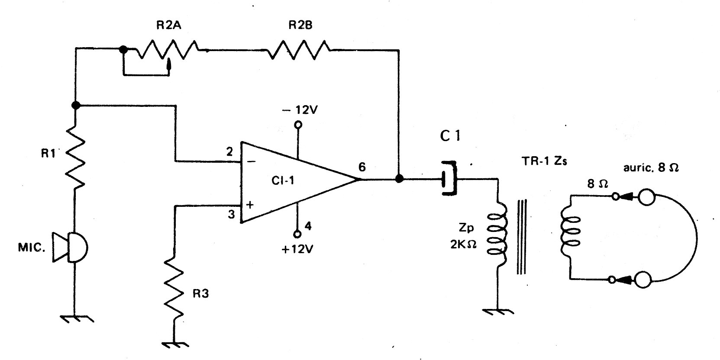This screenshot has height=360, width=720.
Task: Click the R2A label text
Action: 168,25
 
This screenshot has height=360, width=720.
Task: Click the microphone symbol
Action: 70,247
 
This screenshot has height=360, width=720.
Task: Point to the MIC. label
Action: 32,247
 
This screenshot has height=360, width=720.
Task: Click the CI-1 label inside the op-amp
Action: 283,180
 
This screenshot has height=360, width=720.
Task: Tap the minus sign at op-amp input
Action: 252,161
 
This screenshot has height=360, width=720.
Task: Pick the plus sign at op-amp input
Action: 250,204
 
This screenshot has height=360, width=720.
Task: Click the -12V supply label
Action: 300,110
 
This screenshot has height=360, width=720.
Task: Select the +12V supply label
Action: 297,249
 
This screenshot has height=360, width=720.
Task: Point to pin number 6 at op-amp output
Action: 362,167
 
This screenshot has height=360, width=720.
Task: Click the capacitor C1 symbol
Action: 449,178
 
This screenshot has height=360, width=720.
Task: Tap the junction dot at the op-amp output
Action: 399,179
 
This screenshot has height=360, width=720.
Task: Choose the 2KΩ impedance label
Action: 463,245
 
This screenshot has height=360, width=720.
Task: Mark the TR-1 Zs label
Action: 545,161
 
